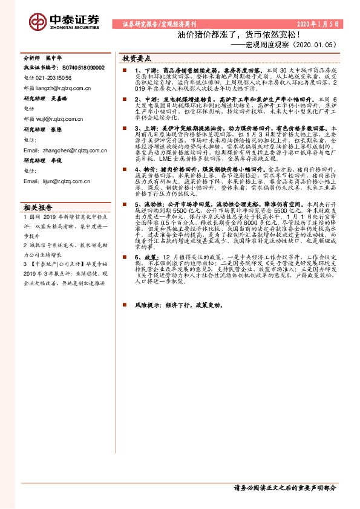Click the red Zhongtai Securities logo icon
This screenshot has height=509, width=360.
point(38,21)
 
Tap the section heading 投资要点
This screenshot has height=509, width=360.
point(137,59)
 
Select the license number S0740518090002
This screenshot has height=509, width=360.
point(81,68)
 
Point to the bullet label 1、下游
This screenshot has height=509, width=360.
point(145,71)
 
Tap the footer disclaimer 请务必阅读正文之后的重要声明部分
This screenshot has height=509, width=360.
point(284,488)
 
